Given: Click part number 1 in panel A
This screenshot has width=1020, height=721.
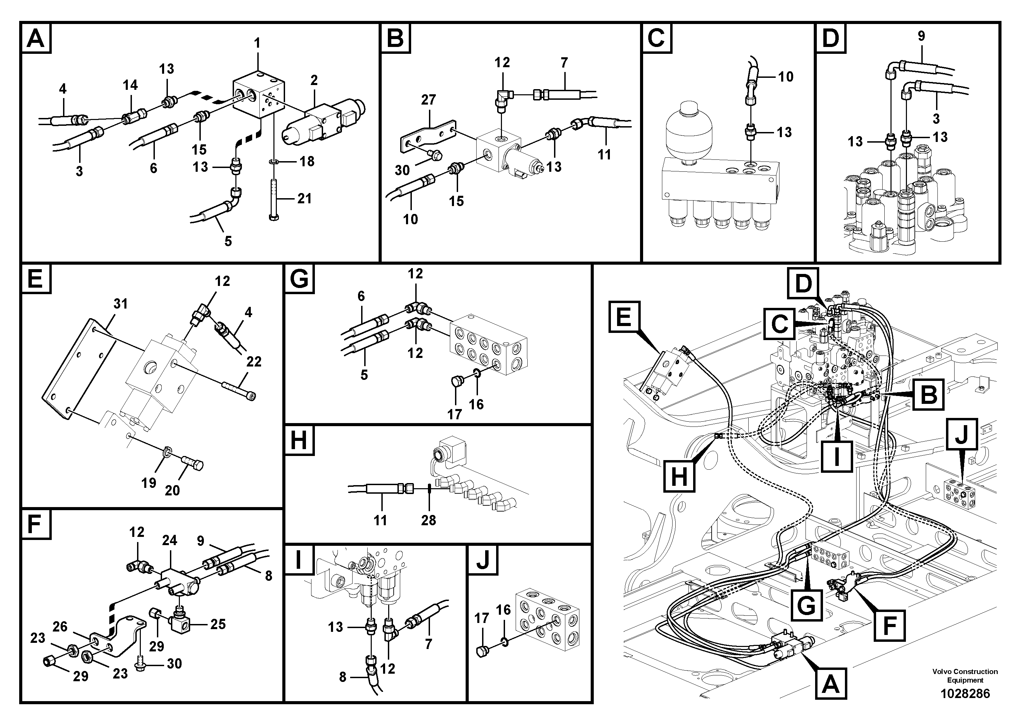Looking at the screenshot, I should [x=257, y=44].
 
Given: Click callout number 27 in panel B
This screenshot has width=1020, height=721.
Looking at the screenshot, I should [x=428, y=100].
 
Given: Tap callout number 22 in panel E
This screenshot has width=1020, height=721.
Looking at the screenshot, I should [x=254, y=362].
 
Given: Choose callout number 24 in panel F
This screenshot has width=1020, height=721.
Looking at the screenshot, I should [x=169, y=541].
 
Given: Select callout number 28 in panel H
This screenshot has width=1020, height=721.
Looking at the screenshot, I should [x=428, y=520].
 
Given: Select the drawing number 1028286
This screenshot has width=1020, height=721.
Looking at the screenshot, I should [x=964, y=694].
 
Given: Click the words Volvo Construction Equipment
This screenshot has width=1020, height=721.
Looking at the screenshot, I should [x=965, y=676].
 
